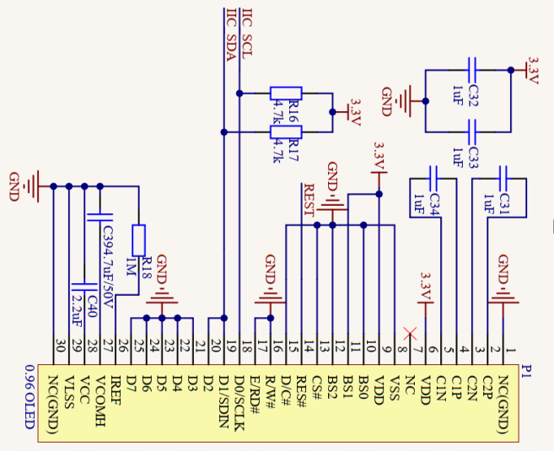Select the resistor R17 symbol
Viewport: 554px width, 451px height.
pos(286,132)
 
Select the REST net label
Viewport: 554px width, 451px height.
pos(309,202)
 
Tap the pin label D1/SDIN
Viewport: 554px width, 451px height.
pos(223,398)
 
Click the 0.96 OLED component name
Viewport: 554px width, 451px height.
pos(30,397)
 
